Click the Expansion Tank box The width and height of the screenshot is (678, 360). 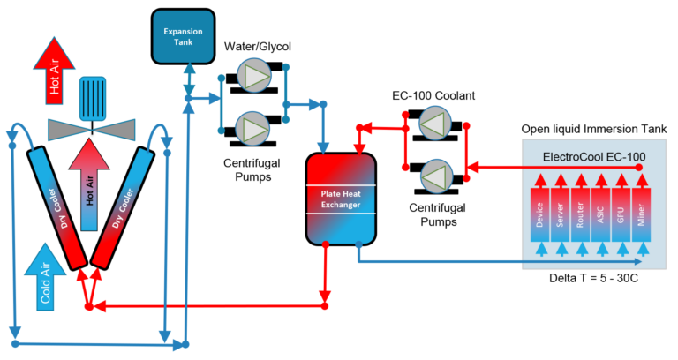click(x=183, y=34)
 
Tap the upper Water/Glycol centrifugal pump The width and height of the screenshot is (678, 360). click(x=255, y=78)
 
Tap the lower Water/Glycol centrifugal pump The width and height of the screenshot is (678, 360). click(x=255, y=128)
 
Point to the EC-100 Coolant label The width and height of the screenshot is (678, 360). click(x=433, y=94)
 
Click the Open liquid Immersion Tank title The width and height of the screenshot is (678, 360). click(x=593, y=130)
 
